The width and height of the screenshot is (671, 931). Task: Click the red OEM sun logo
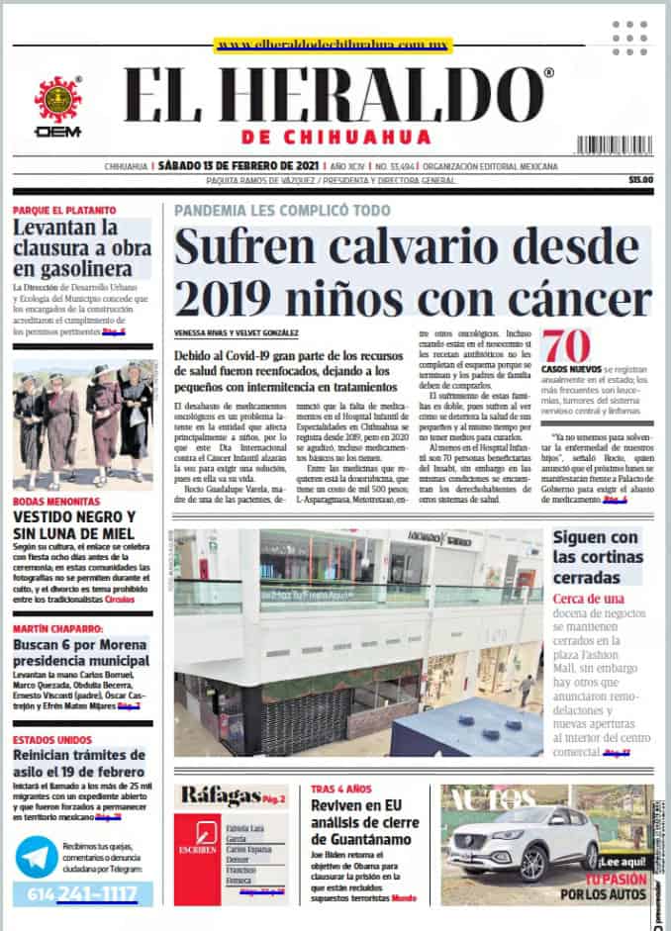pos(57,99)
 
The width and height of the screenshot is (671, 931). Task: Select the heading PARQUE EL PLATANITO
pos(64,211)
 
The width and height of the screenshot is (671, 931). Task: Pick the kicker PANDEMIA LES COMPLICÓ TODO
pos(282,211)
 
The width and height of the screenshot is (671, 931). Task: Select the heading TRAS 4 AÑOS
pos(341,790)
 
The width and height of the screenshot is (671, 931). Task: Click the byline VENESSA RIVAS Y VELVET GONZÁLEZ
pos(236,332)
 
